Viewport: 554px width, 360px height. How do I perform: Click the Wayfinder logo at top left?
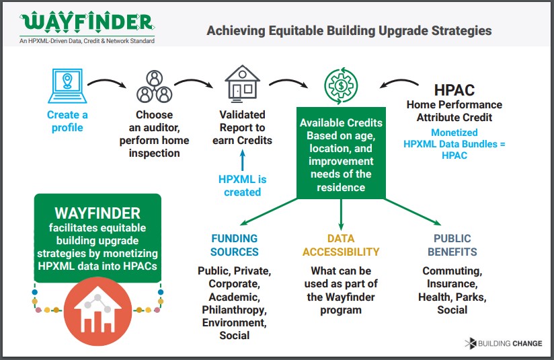pyautogui.click(x=87, y=27)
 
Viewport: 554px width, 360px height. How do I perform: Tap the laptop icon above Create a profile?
pyautogui.click(x=67, y=85)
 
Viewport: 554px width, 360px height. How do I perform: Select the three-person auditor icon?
pyautogui.click(x=155, y=86)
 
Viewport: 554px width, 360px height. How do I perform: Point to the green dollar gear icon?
pyautogui.click(x=341, y=85)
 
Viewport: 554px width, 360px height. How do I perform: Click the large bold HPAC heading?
pyautogui.click(x=454, y=90)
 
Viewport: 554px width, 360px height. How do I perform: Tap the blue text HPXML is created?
pyautogui.click(x=242, y=186)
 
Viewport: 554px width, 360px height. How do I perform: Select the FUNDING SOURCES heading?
pyautogui.click(x=235, y=245)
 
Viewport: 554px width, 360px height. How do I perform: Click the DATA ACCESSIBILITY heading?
pyautogui.click(x=341, y=245)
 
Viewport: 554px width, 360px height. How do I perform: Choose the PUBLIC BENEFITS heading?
pyautogui.click(x=452, y=245)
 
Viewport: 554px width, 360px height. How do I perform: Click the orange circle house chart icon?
pyautogui.click(x=98, y=312)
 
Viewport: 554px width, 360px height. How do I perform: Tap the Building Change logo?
pyautogui.click(x=504, y=343)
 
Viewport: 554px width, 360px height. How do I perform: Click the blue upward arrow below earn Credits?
pyautogui.click(x=242, y=160)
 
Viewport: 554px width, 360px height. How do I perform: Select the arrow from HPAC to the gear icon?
pyautogui.click(x=399, y=83)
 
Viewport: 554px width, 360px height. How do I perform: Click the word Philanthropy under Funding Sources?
pyautogui.click(x=234, y=310)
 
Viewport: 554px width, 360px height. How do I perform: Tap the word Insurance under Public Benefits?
pyautogui.click(x=452, y=283)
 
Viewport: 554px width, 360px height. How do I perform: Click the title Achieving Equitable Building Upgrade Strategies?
pyautogui.click(x=349, y=31)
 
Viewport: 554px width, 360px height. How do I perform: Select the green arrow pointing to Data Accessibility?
pyautogui.click(x=341, y=215)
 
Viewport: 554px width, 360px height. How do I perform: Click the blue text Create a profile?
pyautogui.click(x=67, y=121)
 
